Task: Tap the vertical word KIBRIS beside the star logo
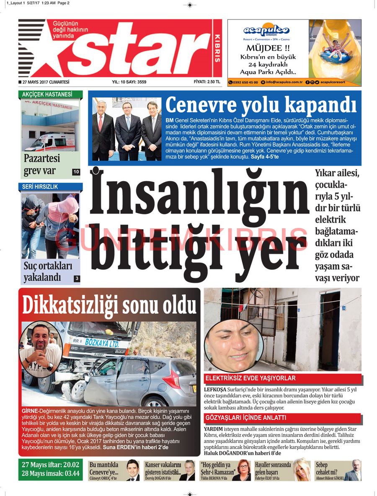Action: click(x=217, y=48)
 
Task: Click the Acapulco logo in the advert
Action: click(x=266, y=31)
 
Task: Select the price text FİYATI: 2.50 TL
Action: click(x=207, y=82)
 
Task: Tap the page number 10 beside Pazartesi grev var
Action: click(x=76, y=172)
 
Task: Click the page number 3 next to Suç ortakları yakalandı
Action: click(x=77, y=278)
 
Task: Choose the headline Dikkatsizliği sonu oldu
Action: click(x=109, y=305)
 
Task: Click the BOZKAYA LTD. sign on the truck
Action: click(x=101, y=342)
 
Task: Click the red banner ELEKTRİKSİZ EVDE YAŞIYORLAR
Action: click(x=250, y=378)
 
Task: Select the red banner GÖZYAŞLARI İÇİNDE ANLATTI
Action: click(x=245, y=418)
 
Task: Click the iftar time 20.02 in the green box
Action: click(x=70, y=465)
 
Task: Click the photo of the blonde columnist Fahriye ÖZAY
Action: click(x=300, y=470)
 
